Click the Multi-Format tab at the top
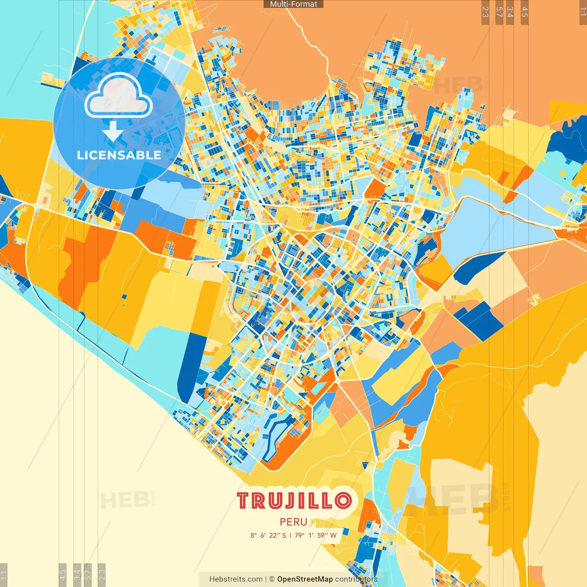[293, 4]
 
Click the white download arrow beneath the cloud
[112, 132]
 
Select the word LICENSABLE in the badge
[119, 155]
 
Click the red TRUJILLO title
[294, 501]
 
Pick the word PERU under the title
[293, 522]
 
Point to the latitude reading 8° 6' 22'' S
[268, 535]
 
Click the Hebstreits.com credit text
[236, 579]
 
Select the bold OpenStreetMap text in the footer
[305, 579]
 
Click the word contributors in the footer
[356, 579]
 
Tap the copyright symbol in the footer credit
[271, 579]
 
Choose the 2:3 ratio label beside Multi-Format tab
[485, 12]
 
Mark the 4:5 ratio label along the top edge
[525, 12]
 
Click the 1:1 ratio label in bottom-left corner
[4, 575]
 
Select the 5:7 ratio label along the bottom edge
[88, 575]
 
